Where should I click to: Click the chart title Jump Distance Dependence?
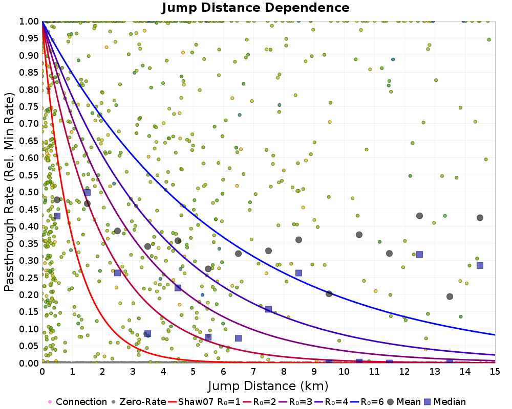(x=255, y=8)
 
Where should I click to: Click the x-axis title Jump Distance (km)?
(x=268, y=385)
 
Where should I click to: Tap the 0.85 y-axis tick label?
(x=29, y=73)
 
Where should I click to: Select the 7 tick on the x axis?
(x=253, y=372)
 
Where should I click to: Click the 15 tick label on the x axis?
(x=495, y=372)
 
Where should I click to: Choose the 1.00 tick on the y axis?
(x=29, y=21)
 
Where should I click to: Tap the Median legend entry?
(x=447, y=402)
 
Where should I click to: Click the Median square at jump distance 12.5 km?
(x=419, y=254)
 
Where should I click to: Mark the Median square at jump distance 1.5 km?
(x=87, y=192)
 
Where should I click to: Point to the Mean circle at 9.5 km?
(x=329, y=293)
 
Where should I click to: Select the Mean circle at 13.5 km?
(x=450, y=297)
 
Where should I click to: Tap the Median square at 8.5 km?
(x=298, y=272)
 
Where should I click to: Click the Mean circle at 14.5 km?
(x=480, y=218)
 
